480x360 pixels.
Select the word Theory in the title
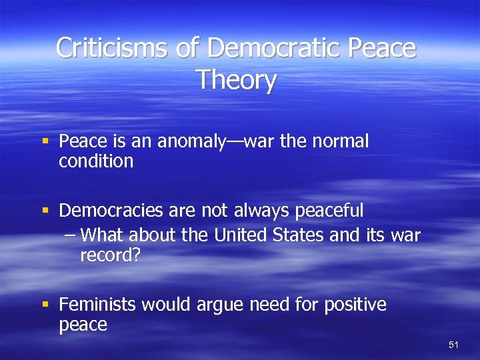point(236,80)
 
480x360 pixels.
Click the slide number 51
point(454,345)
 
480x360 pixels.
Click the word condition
point(96,161)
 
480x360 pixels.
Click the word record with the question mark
point(110,255)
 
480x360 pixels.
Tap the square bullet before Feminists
point(46,305)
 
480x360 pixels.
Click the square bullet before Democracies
point(46,211)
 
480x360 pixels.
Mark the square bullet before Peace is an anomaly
point(46,141)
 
